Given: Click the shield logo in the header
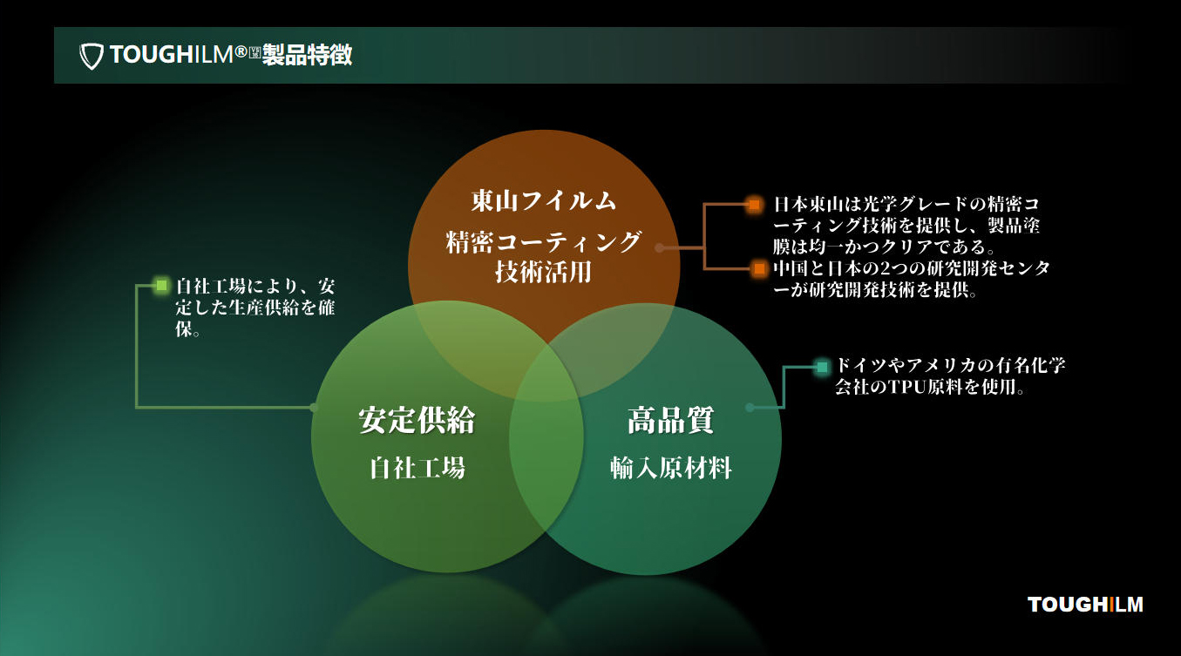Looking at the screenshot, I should pos(92,56).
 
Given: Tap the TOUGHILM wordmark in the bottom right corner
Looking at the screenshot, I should pos(1085,605).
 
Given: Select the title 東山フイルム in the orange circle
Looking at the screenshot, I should pos(544,201).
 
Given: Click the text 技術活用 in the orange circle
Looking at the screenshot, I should pos(544,273).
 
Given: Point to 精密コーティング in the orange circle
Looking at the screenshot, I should pos(544,241).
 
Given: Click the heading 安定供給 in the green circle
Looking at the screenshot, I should pos(417,421).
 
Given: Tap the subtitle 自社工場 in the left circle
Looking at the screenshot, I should pos(417,469).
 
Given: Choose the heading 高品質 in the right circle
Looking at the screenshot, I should pos(670,421).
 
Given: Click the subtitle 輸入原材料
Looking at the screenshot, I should pos(670,469).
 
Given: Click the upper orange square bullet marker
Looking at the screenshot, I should pos(755,205).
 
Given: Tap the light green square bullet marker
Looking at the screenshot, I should pos(161,285).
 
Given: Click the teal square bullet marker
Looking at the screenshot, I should pos(821,367).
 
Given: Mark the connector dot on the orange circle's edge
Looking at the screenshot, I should pos(660,247).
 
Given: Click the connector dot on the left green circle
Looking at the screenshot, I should pos(314,407).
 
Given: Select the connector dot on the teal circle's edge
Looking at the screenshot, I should pos(750,407).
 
